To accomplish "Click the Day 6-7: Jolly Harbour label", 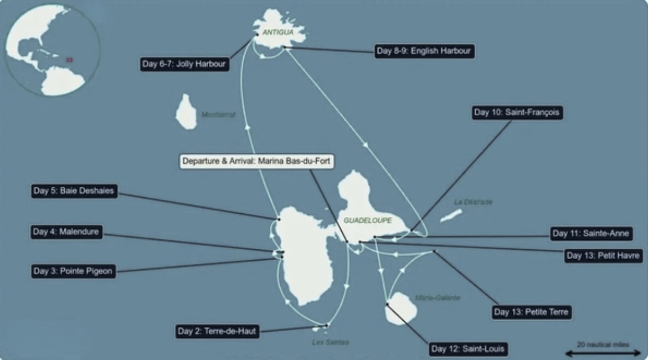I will click(185, 64).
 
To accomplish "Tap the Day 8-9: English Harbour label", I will click(424, 52).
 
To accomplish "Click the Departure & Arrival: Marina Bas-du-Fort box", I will click(258, 162).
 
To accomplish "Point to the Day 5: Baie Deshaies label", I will click(74, 191).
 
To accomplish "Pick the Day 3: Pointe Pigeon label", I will click(73, 271).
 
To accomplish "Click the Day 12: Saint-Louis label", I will click(469, 349).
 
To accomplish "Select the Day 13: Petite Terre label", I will click(531, 312).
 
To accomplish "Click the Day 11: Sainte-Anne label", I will click(591, 234).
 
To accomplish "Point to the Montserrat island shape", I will click(186, 112).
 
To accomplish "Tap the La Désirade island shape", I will click(451, 215).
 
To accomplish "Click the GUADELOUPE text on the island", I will click(367, 220).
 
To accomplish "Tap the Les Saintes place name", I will click(330, 342).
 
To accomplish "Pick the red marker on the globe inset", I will click(70, 59).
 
